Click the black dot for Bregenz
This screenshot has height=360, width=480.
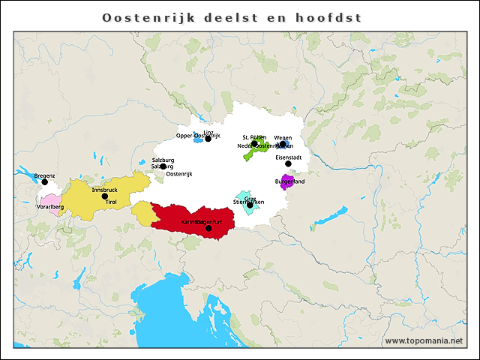[x=44, y=182]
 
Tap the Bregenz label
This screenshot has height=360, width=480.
[x=44, y=175]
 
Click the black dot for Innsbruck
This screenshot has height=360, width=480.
[x=105, y=196]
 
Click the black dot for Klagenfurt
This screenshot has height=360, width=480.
[x=208, y=228]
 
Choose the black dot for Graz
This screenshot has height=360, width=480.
[x=250, y=205]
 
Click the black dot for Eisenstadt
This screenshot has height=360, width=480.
[x=288, y=163]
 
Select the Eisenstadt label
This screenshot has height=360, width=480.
[x=288, y=157]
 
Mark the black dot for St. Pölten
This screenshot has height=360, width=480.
[x=254, y=143]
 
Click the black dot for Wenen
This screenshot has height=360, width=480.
[x=283, y=145]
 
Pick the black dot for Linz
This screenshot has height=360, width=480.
[x=208, y=139]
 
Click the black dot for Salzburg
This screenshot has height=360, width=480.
[x=163, y=166]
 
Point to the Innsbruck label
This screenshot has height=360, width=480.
[x=104, y=190]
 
